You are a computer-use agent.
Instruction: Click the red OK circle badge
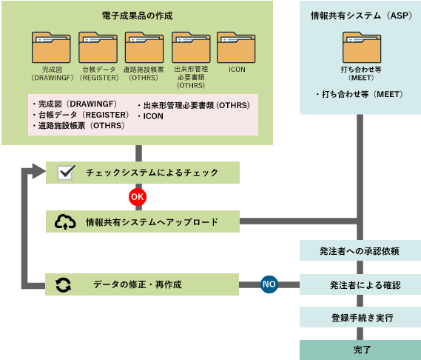pos(138,197)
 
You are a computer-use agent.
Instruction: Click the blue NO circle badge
pos(269,284)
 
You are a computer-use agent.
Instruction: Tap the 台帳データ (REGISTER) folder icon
pos(97,47)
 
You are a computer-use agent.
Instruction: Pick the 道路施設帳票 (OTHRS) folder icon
pos(144,47)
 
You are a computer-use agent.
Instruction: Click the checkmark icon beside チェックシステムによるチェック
pos(65,173)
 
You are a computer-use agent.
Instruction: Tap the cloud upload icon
pos(65,221)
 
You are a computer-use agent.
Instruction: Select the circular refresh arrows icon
pos(64,284)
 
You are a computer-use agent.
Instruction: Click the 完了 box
pos(360,349)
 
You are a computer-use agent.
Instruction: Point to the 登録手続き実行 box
pos(360,317)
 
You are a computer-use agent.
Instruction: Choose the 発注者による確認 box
pos(360,284)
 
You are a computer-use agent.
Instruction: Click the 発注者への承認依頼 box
pos(360,250)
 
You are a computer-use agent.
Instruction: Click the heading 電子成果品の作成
pos(138,15)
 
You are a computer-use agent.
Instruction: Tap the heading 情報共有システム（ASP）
pos(360,15)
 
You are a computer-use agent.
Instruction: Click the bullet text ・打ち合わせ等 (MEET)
pos(360,95)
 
